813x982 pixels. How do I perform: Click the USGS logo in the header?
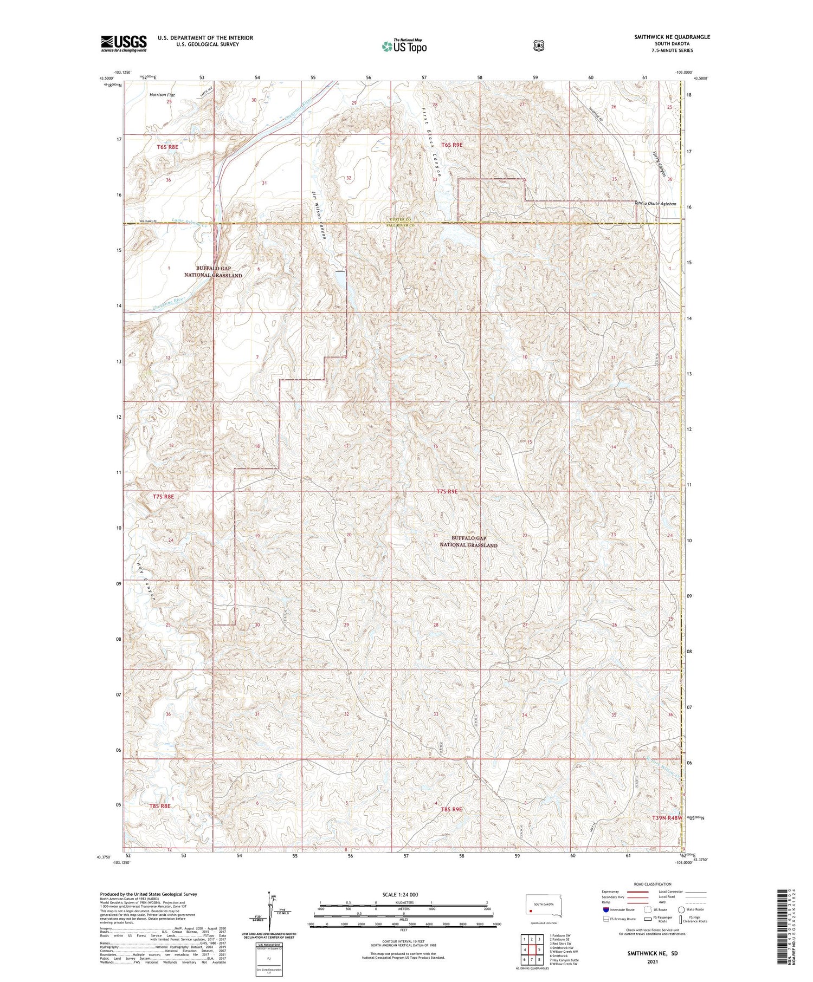pyautogui.click(x=124, y=43)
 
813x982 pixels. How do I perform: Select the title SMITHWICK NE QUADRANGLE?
pyautogui.click(x=672, y=37)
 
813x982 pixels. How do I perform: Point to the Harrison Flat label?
pyautogui.click(x=162, y=94)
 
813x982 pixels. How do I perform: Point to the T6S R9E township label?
pyautogui.click(x=452, y=145)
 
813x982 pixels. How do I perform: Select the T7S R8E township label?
pyautogui.click(x=163, y=496)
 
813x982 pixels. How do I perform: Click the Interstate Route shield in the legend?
pyautogui.click(x=605, y=909)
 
